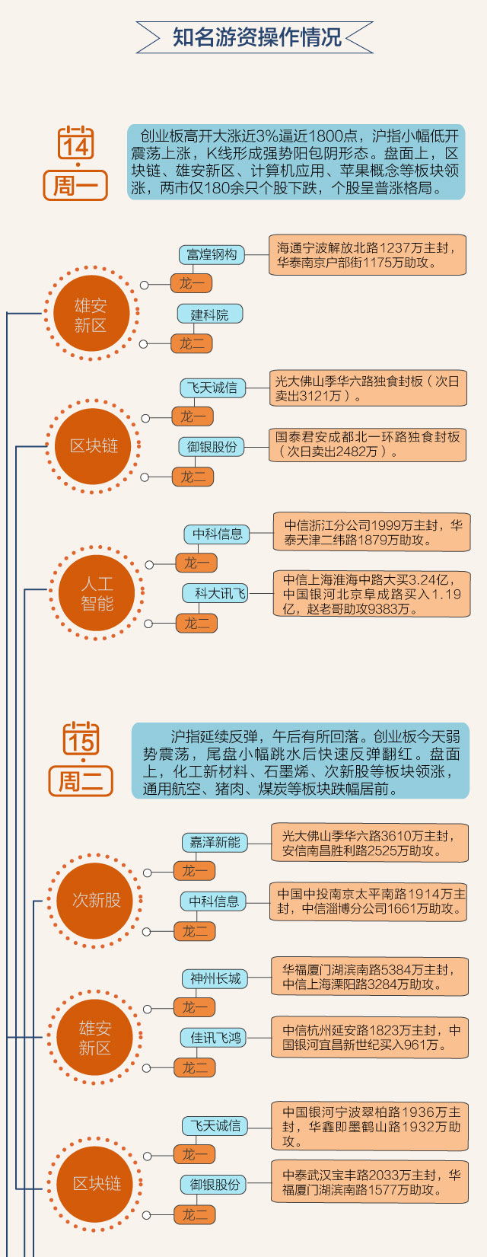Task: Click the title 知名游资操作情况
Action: pos(256,37)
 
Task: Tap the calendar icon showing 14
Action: pos(76,144)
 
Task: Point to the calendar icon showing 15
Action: pos(81,739)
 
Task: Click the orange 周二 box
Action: pos(80,781)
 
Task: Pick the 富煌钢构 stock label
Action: pos(212,254)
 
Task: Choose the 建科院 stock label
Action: pos(209,314)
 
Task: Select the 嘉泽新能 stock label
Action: pos(215,842)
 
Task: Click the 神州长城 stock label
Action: pos(215,978)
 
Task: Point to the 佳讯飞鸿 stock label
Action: pos(215,1038)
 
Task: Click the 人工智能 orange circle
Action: pos(97,594)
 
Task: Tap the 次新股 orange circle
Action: pos(96,900)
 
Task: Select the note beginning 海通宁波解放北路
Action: pos(367,255)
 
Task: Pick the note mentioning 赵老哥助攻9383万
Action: pos(371,594)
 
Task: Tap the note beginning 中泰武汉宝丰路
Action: pos(370,1182)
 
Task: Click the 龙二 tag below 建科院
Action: pos(192,343)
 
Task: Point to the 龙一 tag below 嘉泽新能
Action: pos(194,871)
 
